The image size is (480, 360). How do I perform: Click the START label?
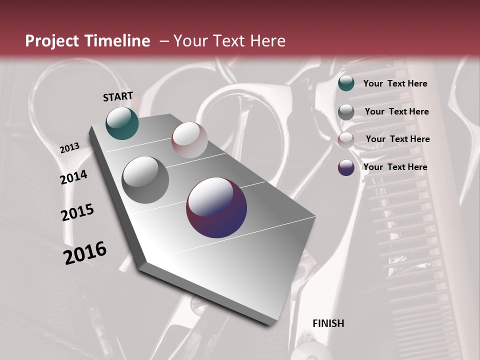pos(118,96)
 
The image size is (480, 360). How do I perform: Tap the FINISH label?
pos(328,323)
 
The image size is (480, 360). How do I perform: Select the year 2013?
pos(69,148)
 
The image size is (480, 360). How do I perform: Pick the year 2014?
pos(74,177)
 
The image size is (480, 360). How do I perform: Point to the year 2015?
pos(77,212)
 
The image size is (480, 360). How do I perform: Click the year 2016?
pos(85,252)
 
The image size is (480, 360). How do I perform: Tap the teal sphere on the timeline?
pos(122,123)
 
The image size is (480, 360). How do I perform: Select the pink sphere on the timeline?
pos(189,140)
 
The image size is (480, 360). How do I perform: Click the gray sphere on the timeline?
pos(145,179)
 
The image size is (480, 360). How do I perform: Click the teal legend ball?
pos(346,83)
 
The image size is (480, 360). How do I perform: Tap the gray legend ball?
pos(346,112)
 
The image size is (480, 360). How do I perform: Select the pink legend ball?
pos(346,140)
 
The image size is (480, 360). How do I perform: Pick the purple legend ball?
pos(346,167)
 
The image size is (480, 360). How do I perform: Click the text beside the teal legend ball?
pos(395,83)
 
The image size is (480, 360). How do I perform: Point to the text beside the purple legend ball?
pos(395,167)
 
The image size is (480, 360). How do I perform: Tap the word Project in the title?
pos(52,41)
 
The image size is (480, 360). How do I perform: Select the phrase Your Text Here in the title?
pos(229,41)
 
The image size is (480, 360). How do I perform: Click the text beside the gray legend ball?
pos(396,111)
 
